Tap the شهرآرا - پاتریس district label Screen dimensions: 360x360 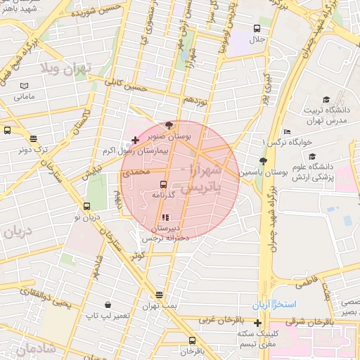(201, 179)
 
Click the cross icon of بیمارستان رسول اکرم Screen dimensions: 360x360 (135, 141)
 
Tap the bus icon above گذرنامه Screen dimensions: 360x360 (164, 184)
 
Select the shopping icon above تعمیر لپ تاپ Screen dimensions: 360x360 (108, 305)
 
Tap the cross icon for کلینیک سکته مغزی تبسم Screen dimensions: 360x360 (258, 323)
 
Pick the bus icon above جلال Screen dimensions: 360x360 (257, 30)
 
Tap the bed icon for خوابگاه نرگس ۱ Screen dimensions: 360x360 (286, 131)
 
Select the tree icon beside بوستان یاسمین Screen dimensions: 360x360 (262, 160)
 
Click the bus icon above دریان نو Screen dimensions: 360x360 (86, 207)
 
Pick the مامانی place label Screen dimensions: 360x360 (25, 96)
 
